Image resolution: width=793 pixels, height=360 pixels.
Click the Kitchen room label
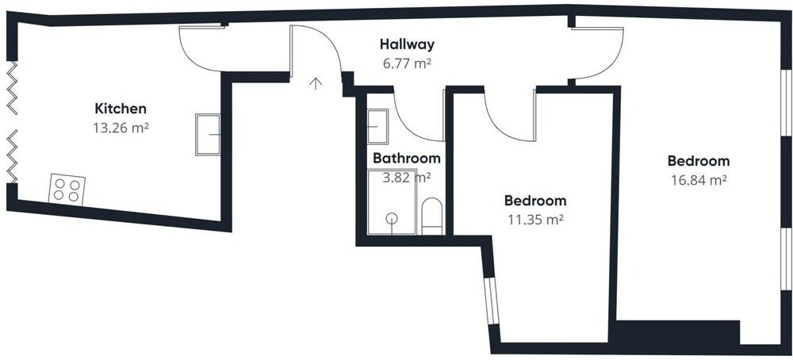pyautogui.click(x=121, y=109)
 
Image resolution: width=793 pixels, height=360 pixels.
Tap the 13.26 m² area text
pyautogui.click(x=121, y=128)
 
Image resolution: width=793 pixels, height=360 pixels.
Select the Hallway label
pyautogui.click(x=407, y=44)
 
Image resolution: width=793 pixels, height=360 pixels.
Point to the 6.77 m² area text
pyautogui.click(x=407, y=63)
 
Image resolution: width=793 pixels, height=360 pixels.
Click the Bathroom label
pyautogui.click(x=407, y=159)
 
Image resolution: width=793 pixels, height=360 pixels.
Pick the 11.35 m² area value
pyautogui.click(x=535, y=220)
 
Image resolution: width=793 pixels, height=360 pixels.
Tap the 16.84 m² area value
pyautogui.click(x=699, y=180)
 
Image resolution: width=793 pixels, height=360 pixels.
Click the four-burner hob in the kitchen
pyautogui.click(x=67, y=190)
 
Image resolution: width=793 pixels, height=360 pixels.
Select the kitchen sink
pyautogui.click(x=208, y=135)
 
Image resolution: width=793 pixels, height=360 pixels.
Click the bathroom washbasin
pyautogui.click(x=377, y=126)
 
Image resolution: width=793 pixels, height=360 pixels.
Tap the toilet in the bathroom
pyautogui.click(x=431, y=216)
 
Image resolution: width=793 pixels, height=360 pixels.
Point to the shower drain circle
pyautogui.click(x=392, y=218)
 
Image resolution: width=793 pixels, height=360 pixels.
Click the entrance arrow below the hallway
pyautogui.click(x=316, y=83)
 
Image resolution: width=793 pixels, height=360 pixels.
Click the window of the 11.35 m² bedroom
pyautogui.click(x=491, y=301)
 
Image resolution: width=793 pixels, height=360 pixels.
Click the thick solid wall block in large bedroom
pyautogui.click(x=675, y=332)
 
